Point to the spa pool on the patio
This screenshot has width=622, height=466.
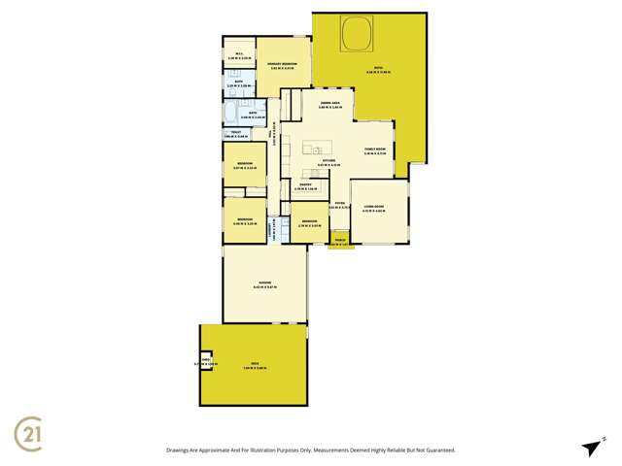(x=356, y=36)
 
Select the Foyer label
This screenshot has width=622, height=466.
(x=337, y=205)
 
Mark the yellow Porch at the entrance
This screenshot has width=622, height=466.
(x=340, y=240)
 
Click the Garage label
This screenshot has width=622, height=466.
(x=264, y=283)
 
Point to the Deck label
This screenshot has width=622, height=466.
(x=253, y=365)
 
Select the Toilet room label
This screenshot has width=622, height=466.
(x=236, y=134)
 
